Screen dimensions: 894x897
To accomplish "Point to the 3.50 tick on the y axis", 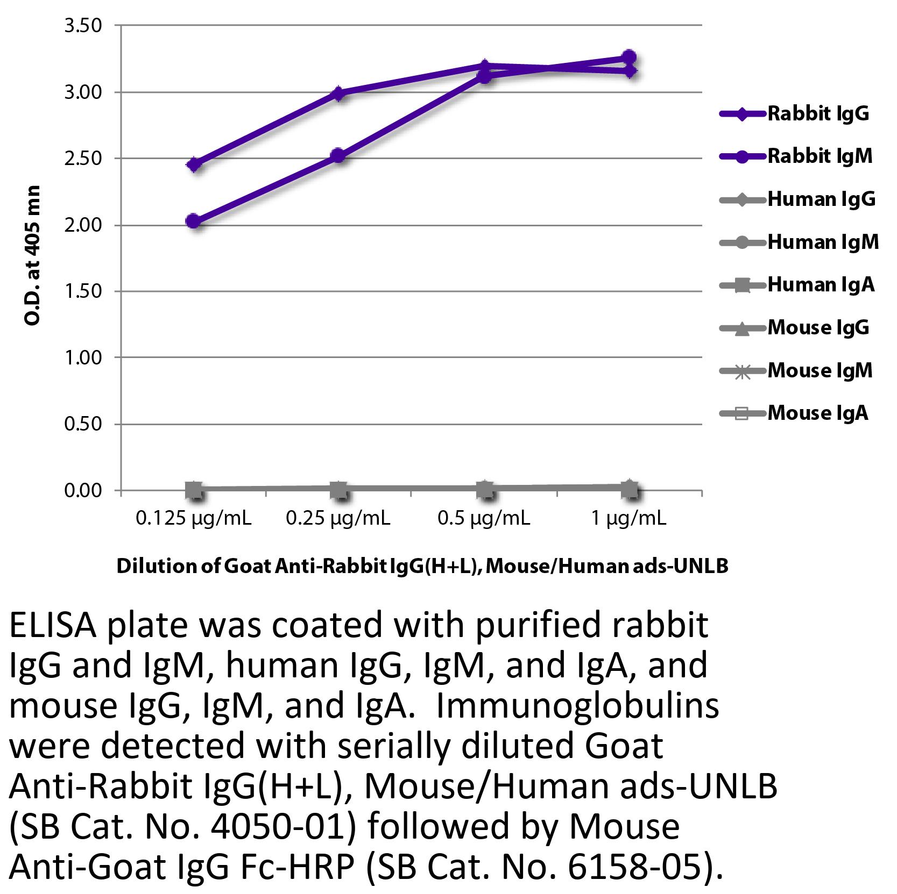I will [x=83, y=25].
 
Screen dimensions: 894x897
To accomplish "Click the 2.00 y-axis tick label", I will [x=83, y=225].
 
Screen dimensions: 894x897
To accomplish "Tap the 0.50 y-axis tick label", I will [x=83, y=424].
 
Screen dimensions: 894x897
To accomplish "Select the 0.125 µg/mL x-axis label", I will [x=194, y=518].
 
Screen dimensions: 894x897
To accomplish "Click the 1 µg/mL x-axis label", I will [x=629, y=518].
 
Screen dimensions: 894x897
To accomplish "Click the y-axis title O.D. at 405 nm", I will [x=33, y=255].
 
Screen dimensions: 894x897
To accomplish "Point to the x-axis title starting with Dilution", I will [x=422, y=566].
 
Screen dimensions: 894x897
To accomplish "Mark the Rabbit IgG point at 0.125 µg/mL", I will [x=194, y=164].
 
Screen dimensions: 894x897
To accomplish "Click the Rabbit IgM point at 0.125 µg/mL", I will [x=194, y=221].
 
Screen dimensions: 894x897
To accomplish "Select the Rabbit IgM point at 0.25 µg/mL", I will [x=338, y=156].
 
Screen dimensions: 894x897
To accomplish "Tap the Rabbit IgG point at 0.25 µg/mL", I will [x=338, y=94].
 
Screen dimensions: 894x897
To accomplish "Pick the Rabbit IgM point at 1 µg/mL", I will [x=629, y=57].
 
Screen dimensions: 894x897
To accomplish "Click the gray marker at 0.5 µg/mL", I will [x=484, y=489].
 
